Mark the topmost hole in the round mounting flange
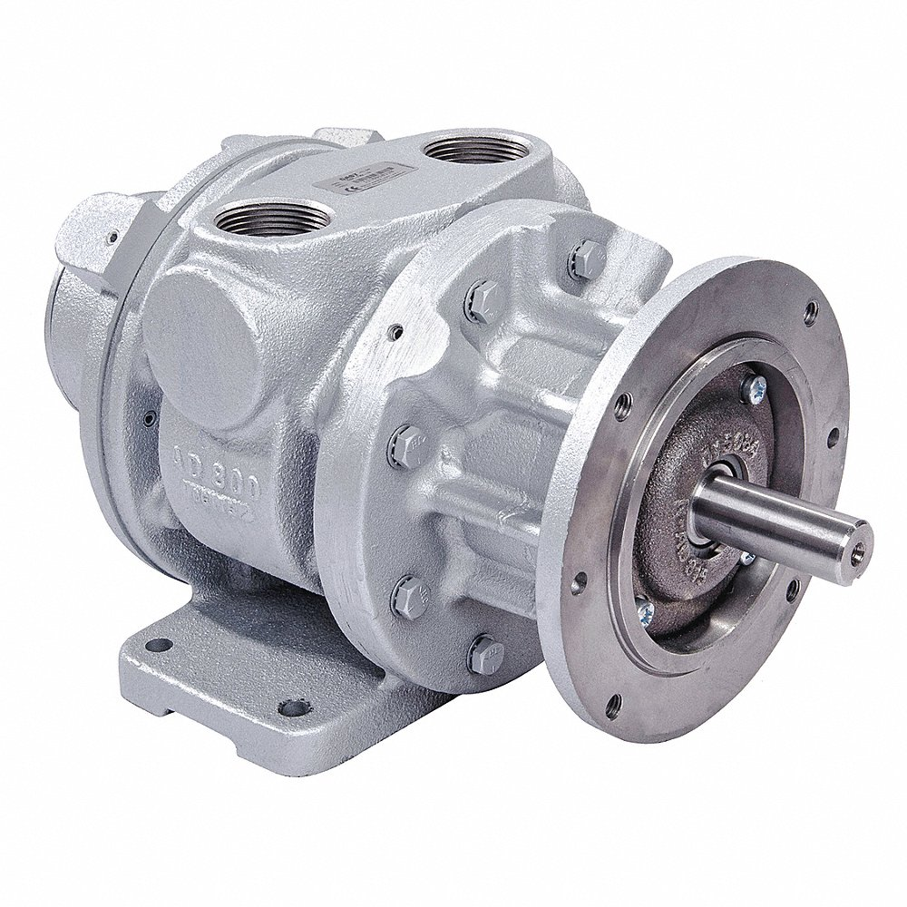[811, 315]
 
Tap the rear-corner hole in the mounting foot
[159, 645]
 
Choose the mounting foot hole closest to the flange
[292, 706]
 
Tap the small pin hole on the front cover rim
[396, 332]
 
